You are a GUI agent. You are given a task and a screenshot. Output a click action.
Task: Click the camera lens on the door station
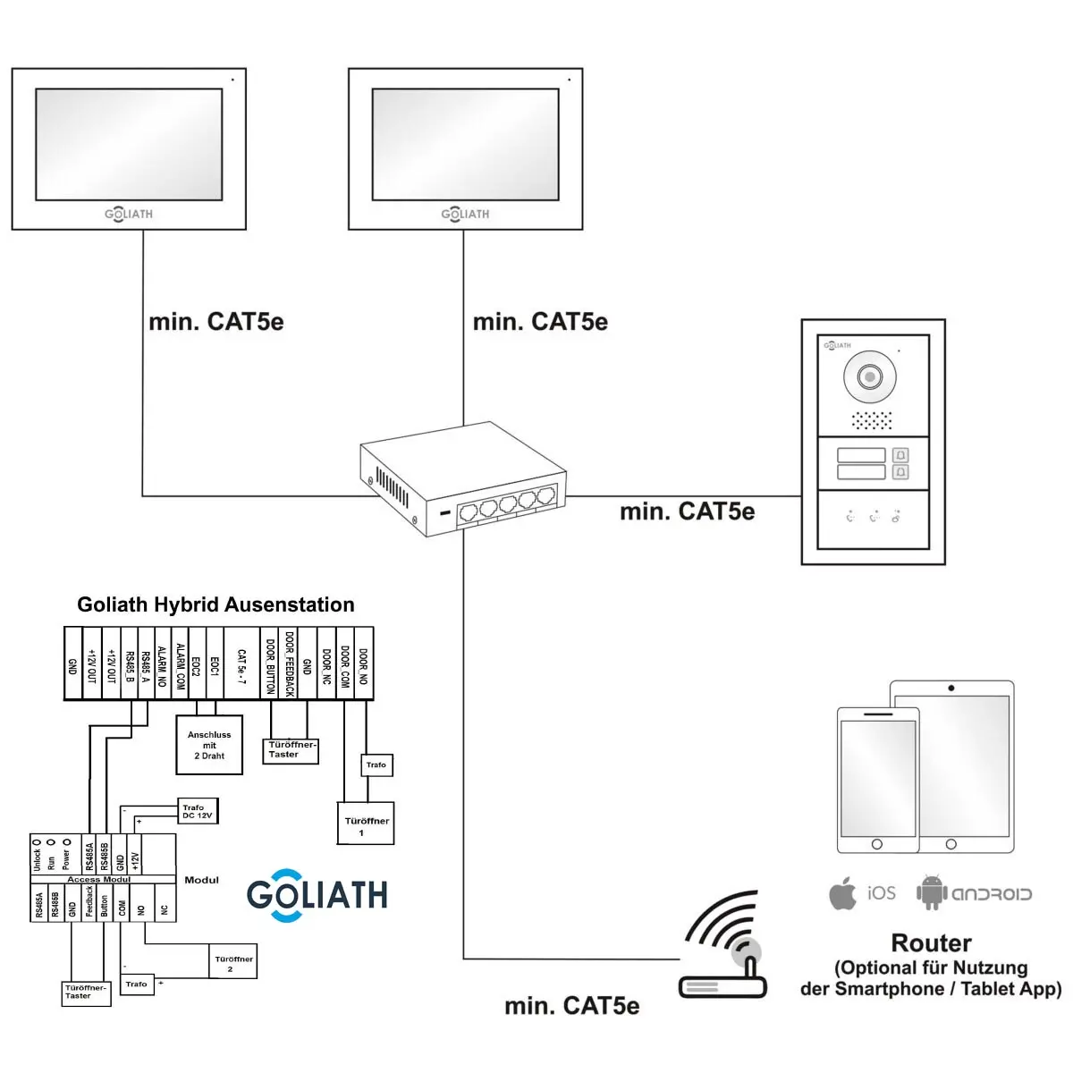870,376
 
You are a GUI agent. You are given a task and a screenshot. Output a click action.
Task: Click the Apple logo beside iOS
842,893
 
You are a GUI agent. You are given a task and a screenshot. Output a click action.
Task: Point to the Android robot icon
931,892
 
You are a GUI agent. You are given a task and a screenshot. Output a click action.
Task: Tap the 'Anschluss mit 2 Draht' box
209,745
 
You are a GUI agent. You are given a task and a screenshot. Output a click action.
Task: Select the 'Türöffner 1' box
366,824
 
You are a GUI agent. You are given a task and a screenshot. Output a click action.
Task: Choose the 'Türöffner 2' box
233,963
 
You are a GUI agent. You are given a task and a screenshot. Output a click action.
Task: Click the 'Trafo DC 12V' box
198,811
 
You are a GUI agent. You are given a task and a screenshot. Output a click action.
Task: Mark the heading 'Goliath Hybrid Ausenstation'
215,605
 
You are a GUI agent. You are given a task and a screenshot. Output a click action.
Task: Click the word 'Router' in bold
931,943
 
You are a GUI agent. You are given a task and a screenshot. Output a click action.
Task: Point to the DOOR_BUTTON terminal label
270,664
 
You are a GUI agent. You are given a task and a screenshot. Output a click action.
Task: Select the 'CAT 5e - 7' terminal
241,664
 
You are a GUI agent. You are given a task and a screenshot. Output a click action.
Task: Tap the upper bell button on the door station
900,455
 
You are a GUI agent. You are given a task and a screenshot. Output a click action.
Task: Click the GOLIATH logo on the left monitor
129,214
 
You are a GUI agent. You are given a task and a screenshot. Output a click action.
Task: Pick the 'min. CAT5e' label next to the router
571,1006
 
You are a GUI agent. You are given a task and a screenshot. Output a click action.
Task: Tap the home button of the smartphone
876,844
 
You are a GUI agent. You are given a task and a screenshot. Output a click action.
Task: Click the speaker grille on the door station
871,420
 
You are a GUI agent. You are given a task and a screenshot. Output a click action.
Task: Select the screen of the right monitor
465,143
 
